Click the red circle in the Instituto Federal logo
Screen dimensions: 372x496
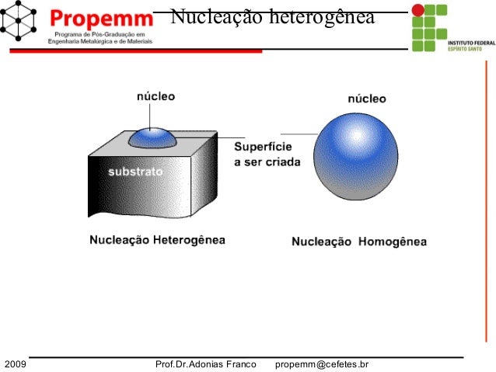[x=418, y=10]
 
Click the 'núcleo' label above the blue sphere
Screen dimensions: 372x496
[x=365, y=99]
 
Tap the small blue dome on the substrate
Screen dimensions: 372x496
[x=152, y=137]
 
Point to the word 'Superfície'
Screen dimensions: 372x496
[x=263, y=148]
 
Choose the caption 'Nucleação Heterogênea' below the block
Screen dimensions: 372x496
[x=157, y=240]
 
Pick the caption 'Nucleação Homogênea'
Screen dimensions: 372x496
[x=358, y=242]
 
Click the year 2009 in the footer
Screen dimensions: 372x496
[x=16, y=363]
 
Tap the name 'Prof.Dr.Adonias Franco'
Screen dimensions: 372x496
[x=205, y=363]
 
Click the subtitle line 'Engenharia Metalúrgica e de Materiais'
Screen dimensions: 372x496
[x=100, y=43]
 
